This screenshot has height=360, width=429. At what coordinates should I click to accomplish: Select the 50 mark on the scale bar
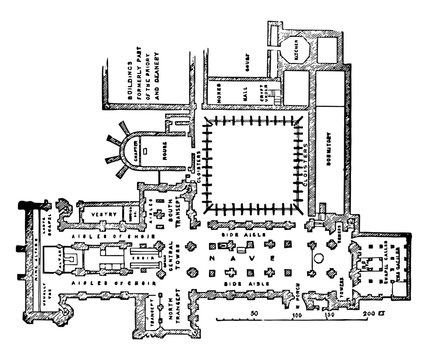click(x=256, y=313)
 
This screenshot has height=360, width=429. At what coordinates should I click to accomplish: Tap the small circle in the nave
click(x=318, y=259)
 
